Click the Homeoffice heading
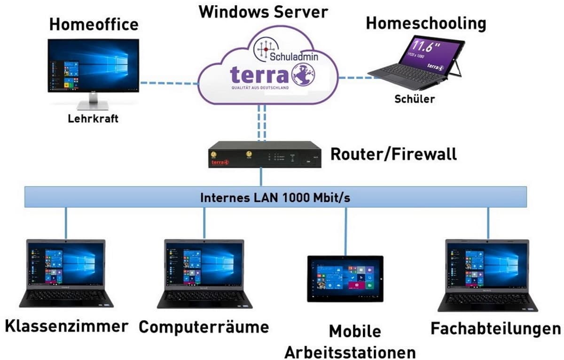click(94, 24)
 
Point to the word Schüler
click(415, 99)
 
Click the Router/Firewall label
click(394, 154)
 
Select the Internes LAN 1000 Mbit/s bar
click(275, 197)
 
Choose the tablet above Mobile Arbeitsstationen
click(345, 278)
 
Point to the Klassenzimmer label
click(67, 326)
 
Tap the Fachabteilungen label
click(495, 329)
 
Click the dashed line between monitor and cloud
click(169, 84)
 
